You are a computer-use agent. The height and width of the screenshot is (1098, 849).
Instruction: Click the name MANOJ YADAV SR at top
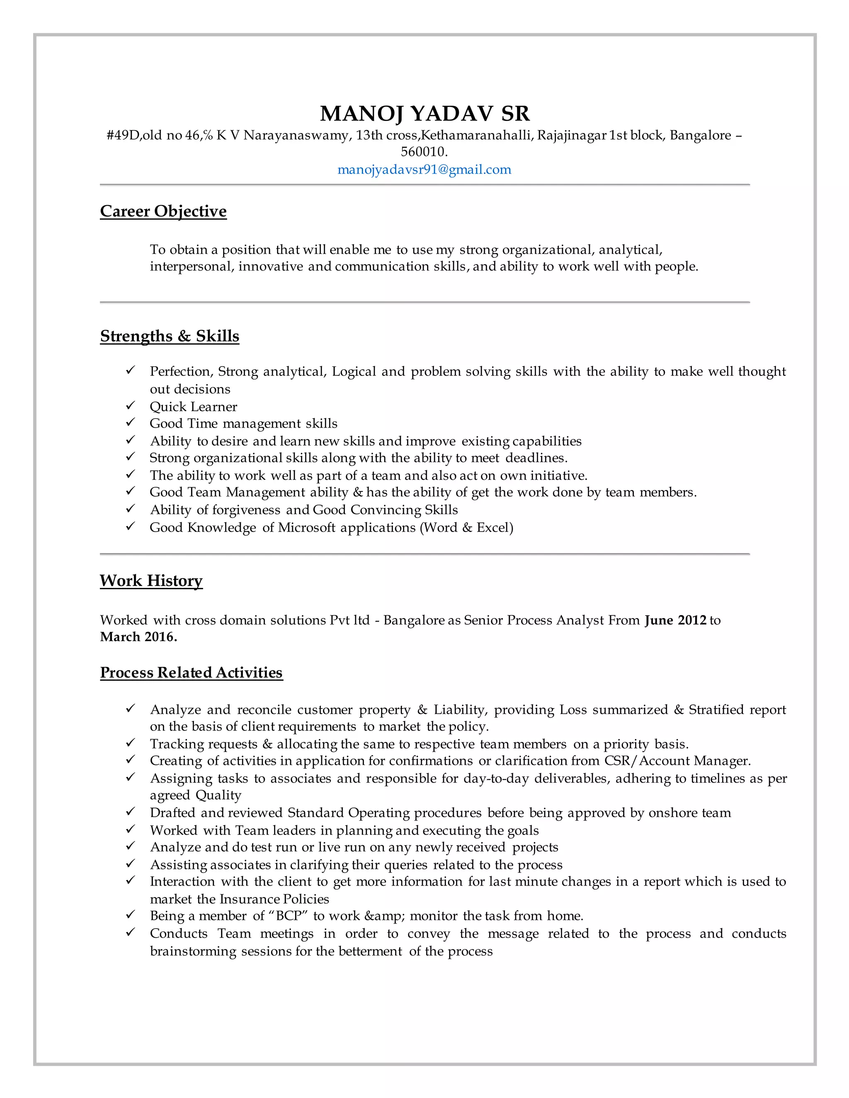[424, 114]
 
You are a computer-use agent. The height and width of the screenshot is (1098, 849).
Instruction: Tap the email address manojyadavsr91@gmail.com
[424, 169]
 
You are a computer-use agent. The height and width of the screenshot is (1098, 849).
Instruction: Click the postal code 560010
[424, 151]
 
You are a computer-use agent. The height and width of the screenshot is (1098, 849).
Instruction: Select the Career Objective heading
[163, 211]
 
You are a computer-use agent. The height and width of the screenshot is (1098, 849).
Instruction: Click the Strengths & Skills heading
[170, 336]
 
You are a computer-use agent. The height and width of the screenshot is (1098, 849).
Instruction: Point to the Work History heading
[151, 580]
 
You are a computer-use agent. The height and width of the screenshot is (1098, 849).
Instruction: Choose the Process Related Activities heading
[191, 672]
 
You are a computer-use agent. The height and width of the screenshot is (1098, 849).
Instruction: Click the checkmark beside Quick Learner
[130, 405]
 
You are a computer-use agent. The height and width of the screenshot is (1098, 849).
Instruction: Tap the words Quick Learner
[193, 407]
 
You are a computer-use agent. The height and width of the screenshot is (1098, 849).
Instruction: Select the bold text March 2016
[138, 637]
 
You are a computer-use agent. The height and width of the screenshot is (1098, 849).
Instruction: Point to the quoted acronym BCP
[288, 916]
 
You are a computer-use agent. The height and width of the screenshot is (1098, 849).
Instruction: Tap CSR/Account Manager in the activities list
[677, 761]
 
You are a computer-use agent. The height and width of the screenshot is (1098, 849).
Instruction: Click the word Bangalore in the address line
[700, 135]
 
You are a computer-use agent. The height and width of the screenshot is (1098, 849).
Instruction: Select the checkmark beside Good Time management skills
[130, 422]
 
